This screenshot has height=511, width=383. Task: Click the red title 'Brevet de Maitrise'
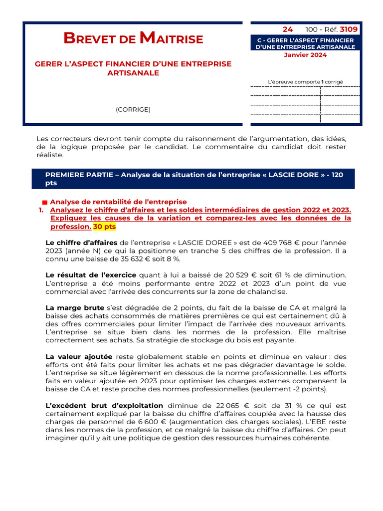coord(133,38)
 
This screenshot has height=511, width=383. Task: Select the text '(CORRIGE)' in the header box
coord(133,109)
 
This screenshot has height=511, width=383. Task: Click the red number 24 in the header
coord(288,30)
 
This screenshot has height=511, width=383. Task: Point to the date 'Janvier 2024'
coord(305,55)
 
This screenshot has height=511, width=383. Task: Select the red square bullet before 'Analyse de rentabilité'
coord(45,202)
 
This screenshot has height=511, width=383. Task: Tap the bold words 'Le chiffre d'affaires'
coord(81,243)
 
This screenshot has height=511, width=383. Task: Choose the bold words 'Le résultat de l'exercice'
coord(91,275)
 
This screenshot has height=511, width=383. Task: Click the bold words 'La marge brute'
coord(75,307)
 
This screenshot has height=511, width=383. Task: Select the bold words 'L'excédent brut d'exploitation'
coord(104,406)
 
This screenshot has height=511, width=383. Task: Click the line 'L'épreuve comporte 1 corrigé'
coord(305,81)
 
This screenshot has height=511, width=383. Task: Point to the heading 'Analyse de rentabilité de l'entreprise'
coord(119,202)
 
